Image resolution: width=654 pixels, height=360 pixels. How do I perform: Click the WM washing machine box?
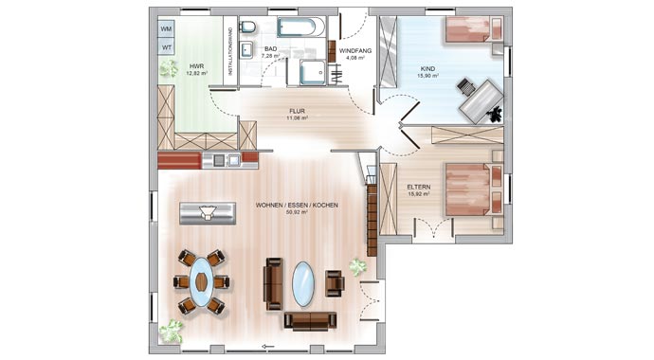[x=167, y=28]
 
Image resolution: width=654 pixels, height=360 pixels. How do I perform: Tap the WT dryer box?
[x=167, y=47]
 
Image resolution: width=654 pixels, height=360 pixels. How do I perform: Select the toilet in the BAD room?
[x=247, y=27]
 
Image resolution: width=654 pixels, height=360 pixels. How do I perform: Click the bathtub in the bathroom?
[x=301, y=27]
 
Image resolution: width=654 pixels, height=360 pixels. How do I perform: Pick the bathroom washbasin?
[x=246, y=51]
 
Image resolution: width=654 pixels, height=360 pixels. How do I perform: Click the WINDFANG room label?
[x=355, y=51]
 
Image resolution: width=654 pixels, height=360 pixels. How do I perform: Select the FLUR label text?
[x=297, y=111]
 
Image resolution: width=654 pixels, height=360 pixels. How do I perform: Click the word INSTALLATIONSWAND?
[x=229, y=51]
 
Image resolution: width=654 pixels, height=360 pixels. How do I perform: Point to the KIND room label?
[x=427, y=69]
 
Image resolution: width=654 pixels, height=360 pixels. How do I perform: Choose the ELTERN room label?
[x=419, y=187]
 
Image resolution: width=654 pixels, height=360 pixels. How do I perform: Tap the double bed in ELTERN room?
[x=474, y=189]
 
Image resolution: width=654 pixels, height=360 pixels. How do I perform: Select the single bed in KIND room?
[x=474, y=29]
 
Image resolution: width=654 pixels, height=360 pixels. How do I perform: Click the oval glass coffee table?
[x=302, y=284]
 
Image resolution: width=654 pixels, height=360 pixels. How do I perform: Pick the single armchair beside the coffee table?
[x=335, y=283]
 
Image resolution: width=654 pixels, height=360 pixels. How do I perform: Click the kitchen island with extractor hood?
[x=208, y=213]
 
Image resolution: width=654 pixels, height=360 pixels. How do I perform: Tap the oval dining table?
[x=201, y=282]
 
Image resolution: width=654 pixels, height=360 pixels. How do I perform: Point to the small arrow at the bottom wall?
[x=268, y=346]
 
